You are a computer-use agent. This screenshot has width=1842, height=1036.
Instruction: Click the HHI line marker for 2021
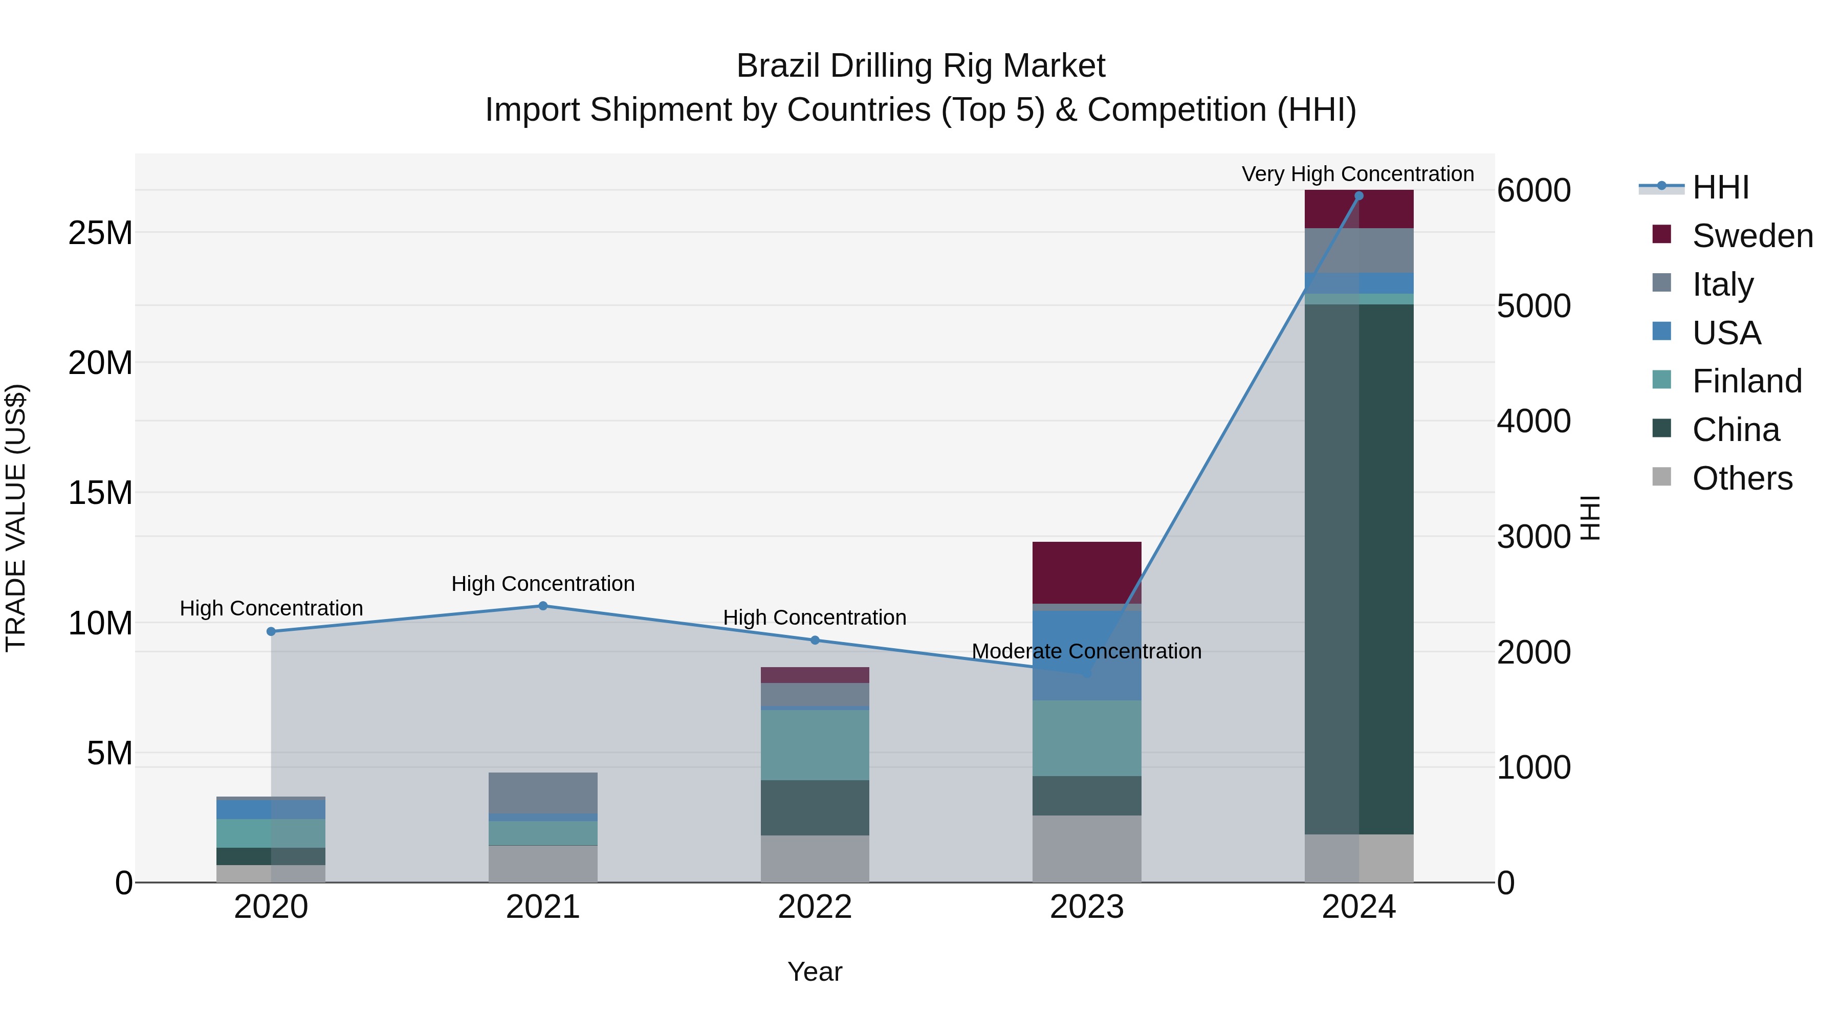pyautogui.click(x=543, y=606)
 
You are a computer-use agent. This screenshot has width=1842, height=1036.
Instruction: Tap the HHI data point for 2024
pyautogui.click(x=1358, y=196)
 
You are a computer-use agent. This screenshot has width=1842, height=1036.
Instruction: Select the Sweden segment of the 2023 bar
pyautogui.click(x=1086, y=572)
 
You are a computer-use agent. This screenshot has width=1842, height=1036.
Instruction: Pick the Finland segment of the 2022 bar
pyautogui.click(x=815, y=744)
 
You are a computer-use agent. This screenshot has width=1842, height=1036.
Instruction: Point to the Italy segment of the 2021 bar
pyautogui.click(x=543, y=792)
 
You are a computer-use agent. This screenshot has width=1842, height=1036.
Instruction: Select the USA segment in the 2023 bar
pyautogui.click(x=1086, y=654)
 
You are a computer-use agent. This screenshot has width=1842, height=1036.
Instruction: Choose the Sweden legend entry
pyautogui.click(x=1751, y=236)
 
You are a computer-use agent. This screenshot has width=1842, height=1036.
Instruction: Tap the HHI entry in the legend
pyautogui.click(x=1720, y=187)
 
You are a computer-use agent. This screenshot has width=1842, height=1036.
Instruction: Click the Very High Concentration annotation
pyautogui.click(x=1357, y=174)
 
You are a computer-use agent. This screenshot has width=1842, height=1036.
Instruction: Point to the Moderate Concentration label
pyautogui.click(x=1086, y=651)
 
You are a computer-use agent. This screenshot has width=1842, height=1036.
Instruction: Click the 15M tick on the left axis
pyautogui.click(x=100, y=493)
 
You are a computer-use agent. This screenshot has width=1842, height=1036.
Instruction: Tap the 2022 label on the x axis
pyautogui.click(x=815, y=907)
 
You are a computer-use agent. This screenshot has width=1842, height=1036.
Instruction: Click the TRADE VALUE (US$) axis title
pyautogui.click(x=16, y=518)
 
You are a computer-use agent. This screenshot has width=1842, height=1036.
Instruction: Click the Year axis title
pyautogui.click(x=815, y=972)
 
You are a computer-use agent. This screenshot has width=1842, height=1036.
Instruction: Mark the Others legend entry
pyautogui.click(x=1741, y=478)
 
